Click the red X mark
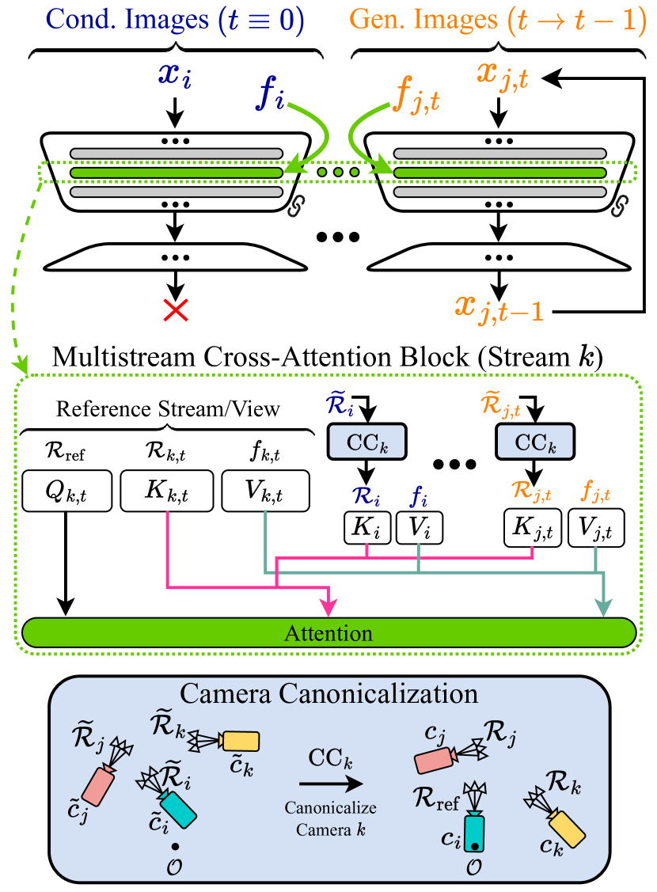tap(175, 310)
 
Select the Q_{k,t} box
tap(67, 491)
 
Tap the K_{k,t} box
tap(166, 491)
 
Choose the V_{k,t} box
tap(264, 491)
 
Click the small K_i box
tap(367, 528)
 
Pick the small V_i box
tap(419, 528)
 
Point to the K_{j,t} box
tap(533, 528)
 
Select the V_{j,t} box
tap(596, 528)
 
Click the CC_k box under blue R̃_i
tap(366, 442)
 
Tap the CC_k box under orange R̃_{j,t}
tap(534, 442)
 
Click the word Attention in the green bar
tap(328, 633)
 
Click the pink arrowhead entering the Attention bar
tap(328, 607)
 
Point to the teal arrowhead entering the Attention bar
tap(605, 607)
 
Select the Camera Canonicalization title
tap(328, 693)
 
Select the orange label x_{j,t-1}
tap(499, 307)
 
